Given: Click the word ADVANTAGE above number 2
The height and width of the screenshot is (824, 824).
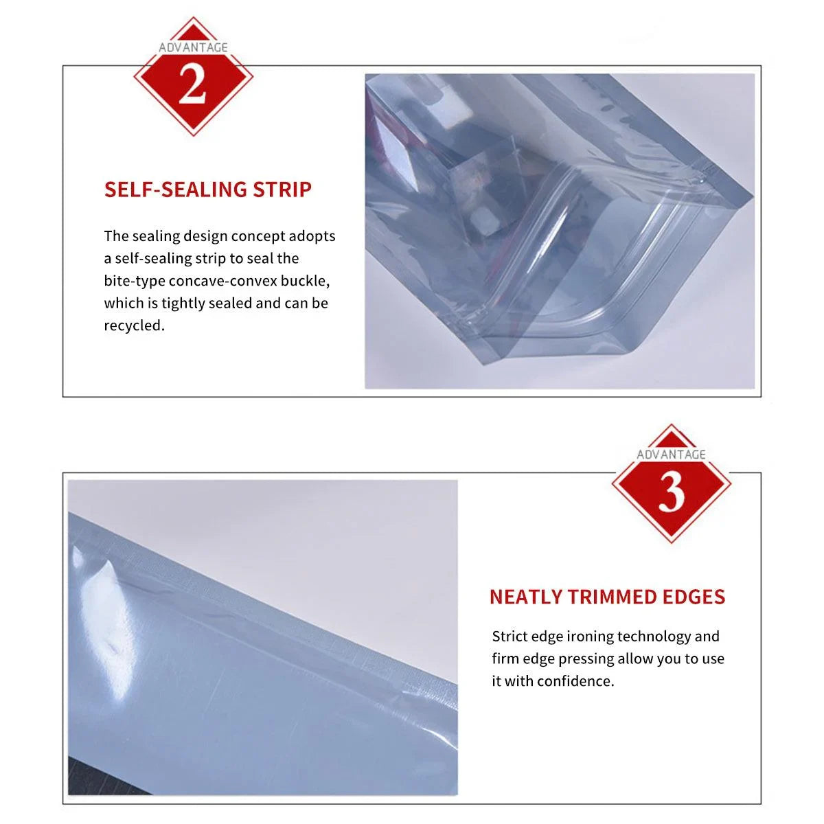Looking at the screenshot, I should tap(193, 47).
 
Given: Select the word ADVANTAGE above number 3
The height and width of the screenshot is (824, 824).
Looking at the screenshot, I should tap(671, 455).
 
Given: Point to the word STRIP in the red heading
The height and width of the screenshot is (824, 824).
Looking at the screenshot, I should tap(282, 190).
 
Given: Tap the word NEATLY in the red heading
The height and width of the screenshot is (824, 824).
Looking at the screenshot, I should tap(526, 597).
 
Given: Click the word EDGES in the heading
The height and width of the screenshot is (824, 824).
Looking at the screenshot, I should tap(694, 597).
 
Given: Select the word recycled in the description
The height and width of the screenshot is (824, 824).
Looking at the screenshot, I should tap(133, 325).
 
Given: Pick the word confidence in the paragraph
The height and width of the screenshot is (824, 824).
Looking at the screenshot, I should tap(575, 681).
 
